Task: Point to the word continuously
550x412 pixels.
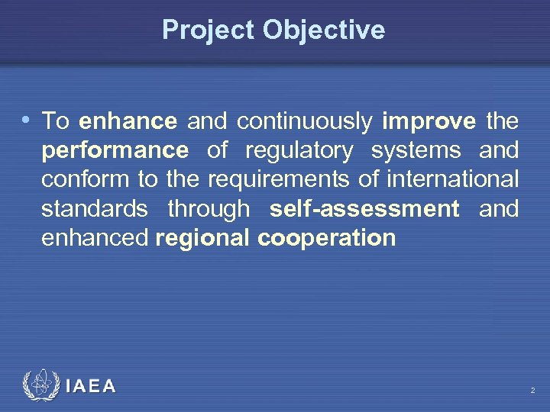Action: (305, 121)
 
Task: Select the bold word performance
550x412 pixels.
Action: (115, 151)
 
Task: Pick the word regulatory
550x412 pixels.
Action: (299, 151)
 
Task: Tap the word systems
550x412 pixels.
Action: (417, 151)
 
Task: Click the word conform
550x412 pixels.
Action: (84, 179)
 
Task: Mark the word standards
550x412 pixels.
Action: (95, 208)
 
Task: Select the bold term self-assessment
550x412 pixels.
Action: (364, 208)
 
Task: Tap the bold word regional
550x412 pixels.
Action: (202, 238)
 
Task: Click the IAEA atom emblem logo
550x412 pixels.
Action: (39, 385)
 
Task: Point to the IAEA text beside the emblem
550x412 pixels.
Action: (91, 387)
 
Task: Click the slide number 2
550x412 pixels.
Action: (532, 391)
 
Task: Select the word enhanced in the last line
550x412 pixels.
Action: (95, 238)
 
